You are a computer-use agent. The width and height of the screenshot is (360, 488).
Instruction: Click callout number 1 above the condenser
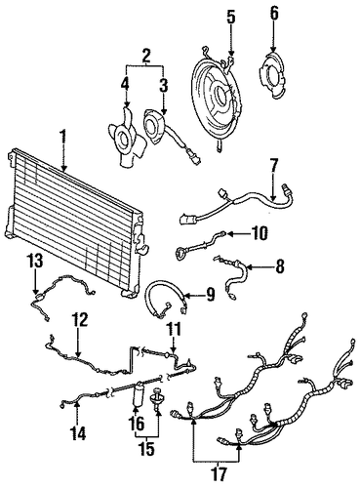click(62, 137)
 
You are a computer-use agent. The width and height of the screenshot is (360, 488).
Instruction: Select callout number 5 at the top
click(230, 18)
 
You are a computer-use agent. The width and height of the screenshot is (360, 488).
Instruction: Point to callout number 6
click(273, 14)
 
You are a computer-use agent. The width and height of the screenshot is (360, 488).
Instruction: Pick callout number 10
click(259, 233)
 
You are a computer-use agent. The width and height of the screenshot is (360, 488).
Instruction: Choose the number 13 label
click(35, 261)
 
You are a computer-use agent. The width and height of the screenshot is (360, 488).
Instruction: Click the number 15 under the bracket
click(145, 448)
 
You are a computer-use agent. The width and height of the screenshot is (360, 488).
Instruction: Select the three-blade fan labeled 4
click(125, 138)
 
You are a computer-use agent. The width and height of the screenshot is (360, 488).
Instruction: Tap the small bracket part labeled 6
click(273, 75)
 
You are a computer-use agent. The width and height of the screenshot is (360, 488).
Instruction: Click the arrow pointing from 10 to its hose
click(237, 233)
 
